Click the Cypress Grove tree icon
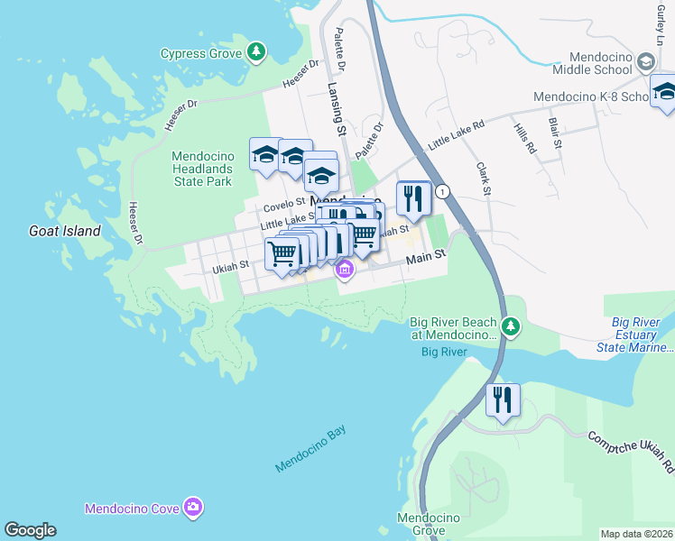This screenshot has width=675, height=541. [x=257, y=52]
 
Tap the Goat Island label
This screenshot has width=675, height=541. [x=63, y=231]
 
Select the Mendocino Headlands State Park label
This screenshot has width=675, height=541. [x=202, y=169]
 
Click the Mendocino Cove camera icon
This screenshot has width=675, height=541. [x=192, y=509]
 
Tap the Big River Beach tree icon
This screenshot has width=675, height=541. [x=511, y=326]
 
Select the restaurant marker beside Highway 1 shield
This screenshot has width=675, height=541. [x=413, y=199]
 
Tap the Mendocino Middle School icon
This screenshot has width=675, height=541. [x=645, y=61]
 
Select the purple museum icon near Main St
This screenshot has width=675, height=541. [x=344, y=269]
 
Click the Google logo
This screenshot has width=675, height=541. [x=30, y=530]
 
